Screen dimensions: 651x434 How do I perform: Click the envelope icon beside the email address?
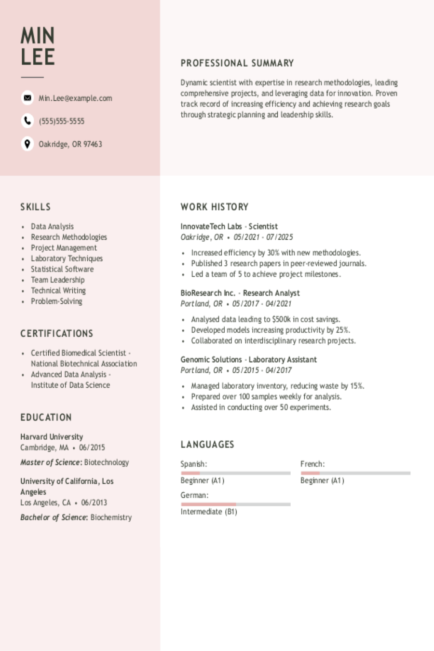tap(27, 98)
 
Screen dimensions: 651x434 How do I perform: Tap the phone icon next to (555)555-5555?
tap(27, 121)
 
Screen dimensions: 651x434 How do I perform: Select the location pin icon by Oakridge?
tap(27, 144)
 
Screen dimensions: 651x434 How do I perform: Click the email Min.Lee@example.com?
tap(75, 98)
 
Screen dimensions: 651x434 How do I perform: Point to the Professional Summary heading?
tap(237, 63)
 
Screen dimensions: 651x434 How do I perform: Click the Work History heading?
tap(214, 207)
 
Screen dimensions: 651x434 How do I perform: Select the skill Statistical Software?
tap(62, 269)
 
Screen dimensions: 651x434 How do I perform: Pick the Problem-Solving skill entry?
tap(56, 301)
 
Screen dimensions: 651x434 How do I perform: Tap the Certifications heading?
tap(56, 334)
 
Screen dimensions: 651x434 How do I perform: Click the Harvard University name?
tap(52, 437)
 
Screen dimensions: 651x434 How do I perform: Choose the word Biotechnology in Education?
tap(107, 462)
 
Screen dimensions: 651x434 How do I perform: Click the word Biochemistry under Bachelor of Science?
tap(111, 517)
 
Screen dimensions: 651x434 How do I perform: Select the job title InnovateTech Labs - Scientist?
tap(229, 226)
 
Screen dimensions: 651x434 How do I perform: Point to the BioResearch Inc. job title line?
tap(240, 293)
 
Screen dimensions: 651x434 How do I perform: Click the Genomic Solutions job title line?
tap(248, 360)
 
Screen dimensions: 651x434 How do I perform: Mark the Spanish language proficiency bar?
tap(235, 474)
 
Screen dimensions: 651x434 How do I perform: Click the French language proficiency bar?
tap(355, 474)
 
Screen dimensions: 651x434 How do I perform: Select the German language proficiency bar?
tap(235, 504)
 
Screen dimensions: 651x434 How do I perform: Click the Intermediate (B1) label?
tap(209, 512)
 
